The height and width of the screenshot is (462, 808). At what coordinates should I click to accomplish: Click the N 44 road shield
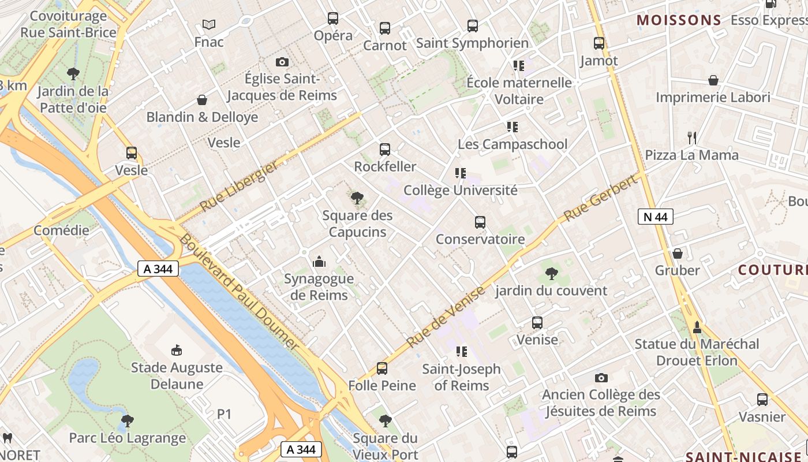click(x=655, y=217)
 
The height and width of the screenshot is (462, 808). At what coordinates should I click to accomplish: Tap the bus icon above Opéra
click(x=333, y=18)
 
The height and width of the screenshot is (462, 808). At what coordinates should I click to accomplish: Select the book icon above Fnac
click(x=209, y=24)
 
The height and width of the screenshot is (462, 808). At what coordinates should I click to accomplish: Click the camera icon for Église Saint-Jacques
click(x=282, y=62)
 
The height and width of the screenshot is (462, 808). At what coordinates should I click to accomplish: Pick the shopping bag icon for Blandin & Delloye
click(x=202, y=100)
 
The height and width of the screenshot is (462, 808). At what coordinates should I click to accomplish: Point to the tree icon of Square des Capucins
click(x=357, y=198)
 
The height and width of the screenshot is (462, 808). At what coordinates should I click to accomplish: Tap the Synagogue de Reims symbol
click(x=319, y=262)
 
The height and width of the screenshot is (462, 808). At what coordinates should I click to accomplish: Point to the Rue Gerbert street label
click(x=601, y=198)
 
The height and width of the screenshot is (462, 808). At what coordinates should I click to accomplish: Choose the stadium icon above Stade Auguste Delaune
click(x=177, y=350)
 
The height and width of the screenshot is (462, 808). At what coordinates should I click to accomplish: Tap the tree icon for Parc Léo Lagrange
click(x=128, y=420)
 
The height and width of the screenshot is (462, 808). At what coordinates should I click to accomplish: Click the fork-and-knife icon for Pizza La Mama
click(x=692, y=137)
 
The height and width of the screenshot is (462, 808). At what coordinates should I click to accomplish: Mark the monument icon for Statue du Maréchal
click(x=697, y=327)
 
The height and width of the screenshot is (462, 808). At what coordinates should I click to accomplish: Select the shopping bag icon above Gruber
click(x=678, y=253)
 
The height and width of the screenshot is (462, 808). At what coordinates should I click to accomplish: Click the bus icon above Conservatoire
click(x=480, y=222)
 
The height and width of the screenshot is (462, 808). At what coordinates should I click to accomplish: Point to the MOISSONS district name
click(x=679, y=21)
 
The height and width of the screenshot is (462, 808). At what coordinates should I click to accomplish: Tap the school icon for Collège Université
click(x=460, y=173)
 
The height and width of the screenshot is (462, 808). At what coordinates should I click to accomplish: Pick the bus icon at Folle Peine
click(x=382, y=368)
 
